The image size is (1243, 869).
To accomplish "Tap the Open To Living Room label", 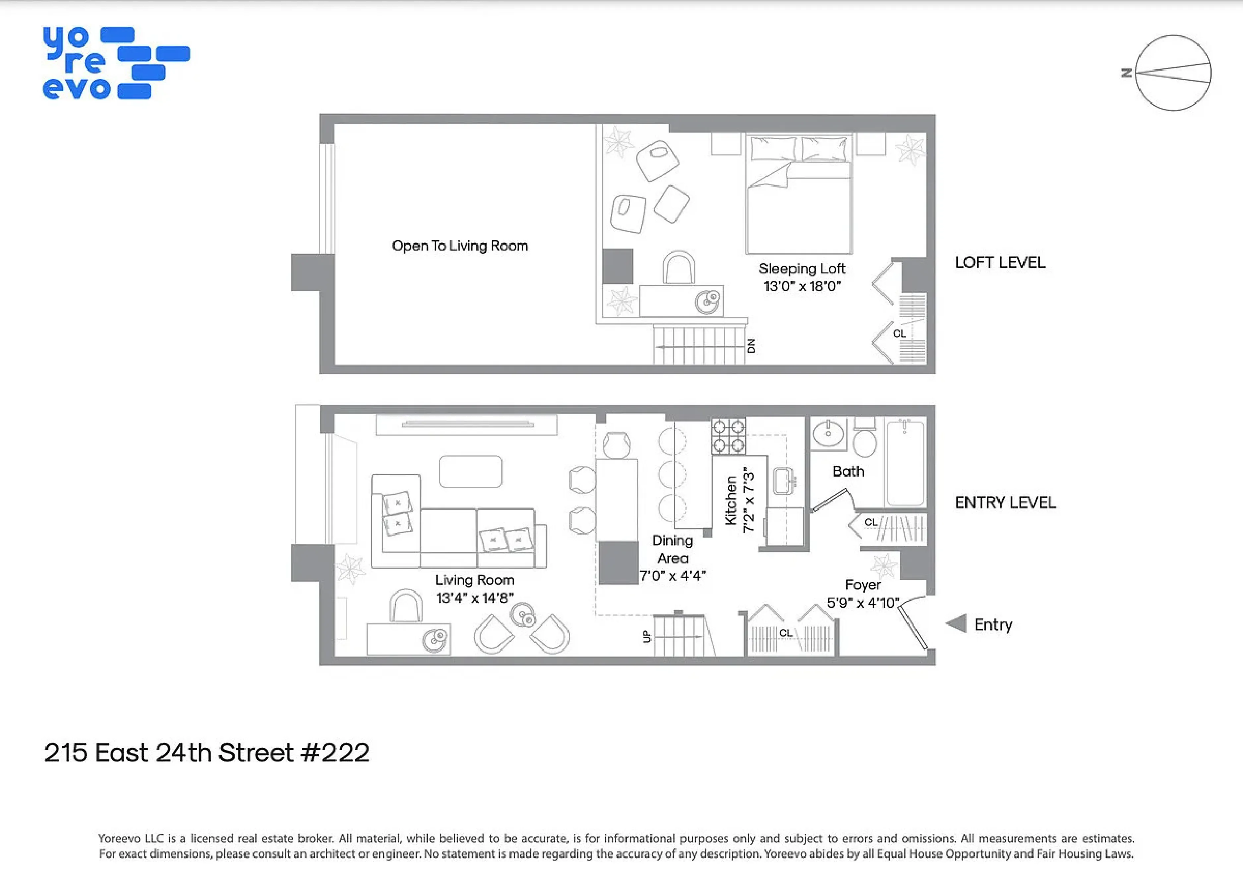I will point(460,246).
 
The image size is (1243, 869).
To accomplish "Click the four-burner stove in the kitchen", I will point(728,436).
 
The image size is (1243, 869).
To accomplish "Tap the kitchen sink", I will point(783,481).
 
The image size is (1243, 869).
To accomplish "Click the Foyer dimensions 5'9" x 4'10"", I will point(862,603).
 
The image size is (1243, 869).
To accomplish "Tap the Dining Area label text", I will point(673,549).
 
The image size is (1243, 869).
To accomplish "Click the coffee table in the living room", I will point(470,471).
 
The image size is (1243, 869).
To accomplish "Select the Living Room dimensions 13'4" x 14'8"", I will point(475,598).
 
